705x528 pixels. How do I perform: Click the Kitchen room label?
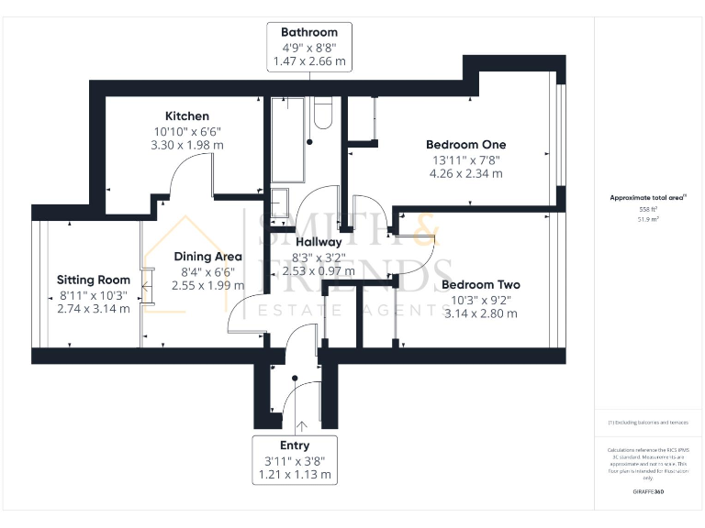click(x=186, y=116)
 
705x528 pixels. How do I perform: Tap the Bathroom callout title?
click(x=302, y=32)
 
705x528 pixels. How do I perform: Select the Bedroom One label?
click(x=465, y=145)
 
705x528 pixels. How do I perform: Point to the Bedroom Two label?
click(x=480, y=284)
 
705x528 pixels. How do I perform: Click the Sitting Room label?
click(x=93, y=280)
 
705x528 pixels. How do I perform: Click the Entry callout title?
click(x=295, y=445)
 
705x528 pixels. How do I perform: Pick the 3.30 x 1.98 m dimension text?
click(x=186, y=145)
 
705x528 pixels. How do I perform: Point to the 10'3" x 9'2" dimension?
click(x=480, y=299)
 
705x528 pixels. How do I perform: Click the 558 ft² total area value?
click(x=648, y=209)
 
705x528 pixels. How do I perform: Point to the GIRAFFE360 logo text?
click(x=648, y=492)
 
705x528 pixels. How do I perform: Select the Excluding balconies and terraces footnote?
click(x=648, y=422)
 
